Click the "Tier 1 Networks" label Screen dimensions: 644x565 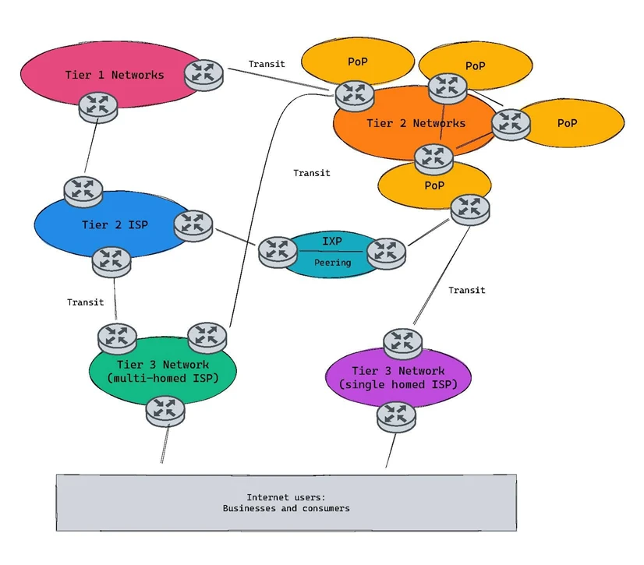pyautogui.click(x=115, y=75)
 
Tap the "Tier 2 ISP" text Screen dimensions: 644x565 pyautogui.click(x=115, y=224)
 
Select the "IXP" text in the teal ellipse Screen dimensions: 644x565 pyautogui.click(x=332, y=241)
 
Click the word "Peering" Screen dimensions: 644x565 pyautogui.click(x=333, y=263)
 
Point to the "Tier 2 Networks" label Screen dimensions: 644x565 pyautogui.click(x=416, y=123)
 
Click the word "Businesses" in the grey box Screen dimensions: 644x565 pyautogui.click(x=249, y=508)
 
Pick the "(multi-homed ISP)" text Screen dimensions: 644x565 pyautogui.click(x=163, y=378)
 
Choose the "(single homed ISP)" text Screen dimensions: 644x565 pyautogui.click(x=398, y=384)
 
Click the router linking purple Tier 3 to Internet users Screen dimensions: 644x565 pyautogui.click(x=396, y=417)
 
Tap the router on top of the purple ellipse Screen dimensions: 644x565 pyautogui.click(x=402, y=343)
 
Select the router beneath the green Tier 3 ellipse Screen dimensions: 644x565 pyautogui.click(x=165, y=411)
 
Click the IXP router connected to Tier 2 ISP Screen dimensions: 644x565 pyautogui.click(x=278, y=252)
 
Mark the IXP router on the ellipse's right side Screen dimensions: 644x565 pyautogui.click(x=386, y=253)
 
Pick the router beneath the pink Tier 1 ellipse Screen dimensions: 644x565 pyautogui.click(x=98, y=108)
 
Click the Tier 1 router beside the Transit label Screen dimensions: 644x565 pyautogui.click(x=203, y=75)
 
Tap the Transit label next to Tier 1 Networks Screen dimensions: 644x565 pyautogui.click(x=267, y=64)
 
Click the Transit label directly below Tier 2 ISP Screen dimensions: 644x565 pyautogui.click(x=86, y=302)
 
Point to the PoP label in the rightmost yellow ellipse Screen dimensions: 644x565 pyautogui.click(x=567, y=123)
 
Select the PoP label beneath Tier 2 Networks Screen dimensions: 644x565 pyautogui.click(x=434, y=185)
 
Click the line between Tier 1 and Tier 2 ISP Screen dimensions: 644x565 pyautogui.click(x=91, y=146)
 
